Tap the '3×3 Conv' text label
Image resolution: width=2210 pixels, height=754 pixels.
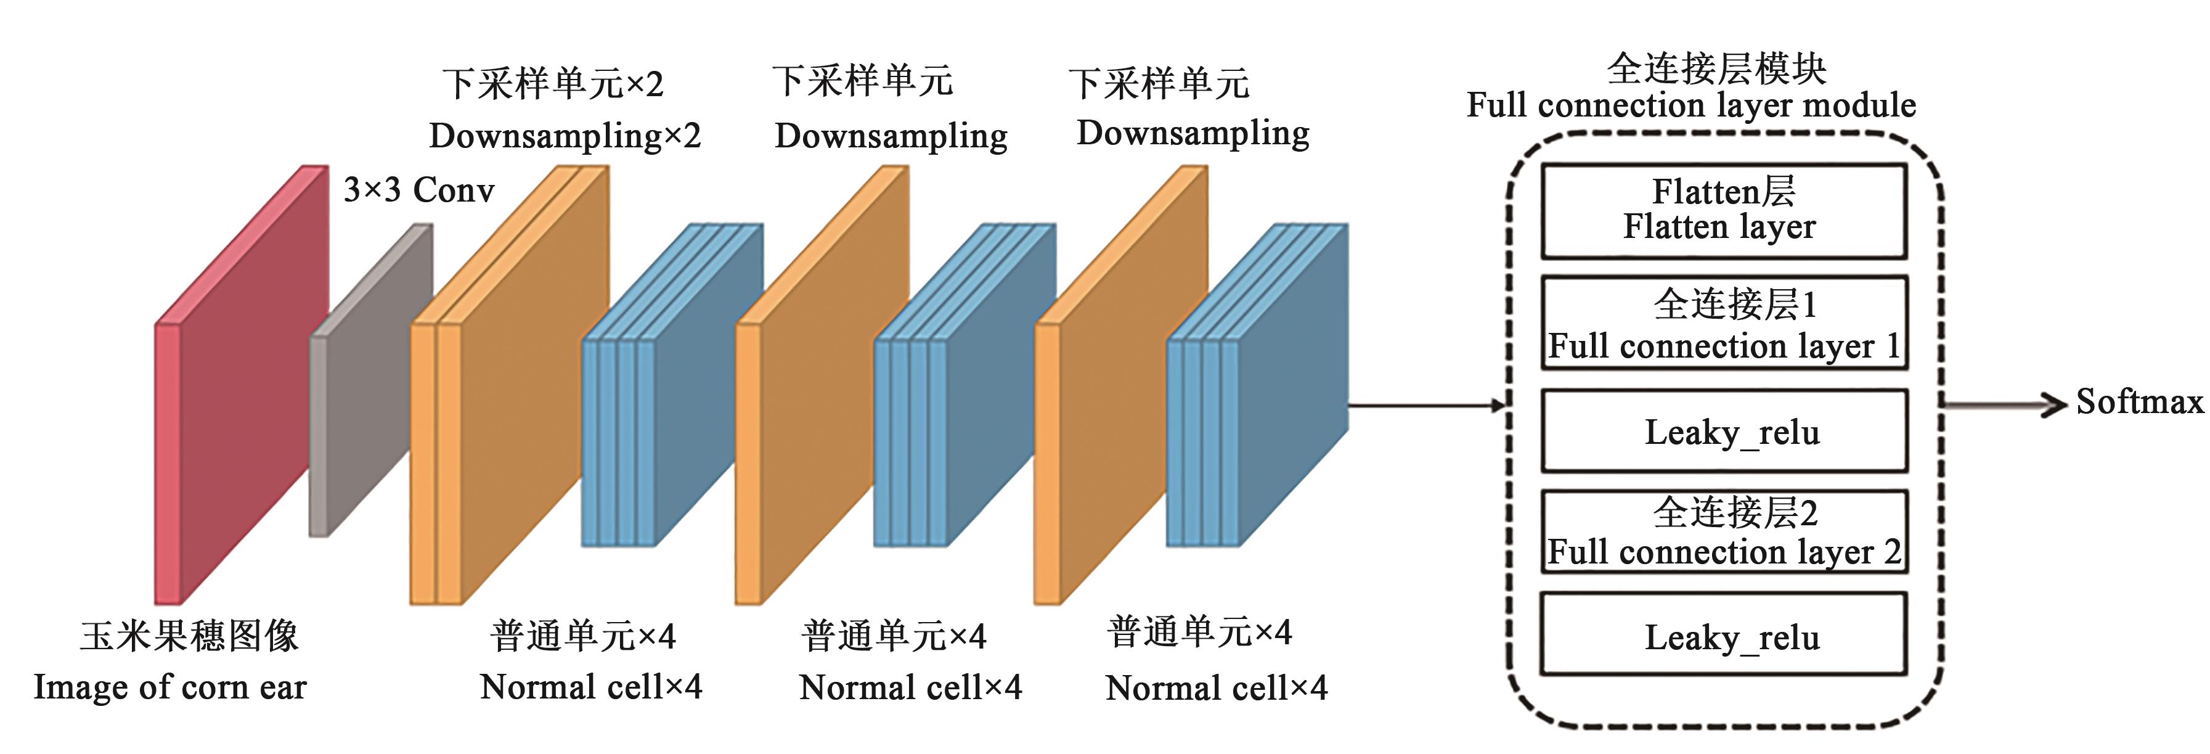click(x=418, y=189)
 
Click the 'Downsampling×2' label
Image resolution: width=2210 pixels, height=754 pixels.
click(x=565, y=136)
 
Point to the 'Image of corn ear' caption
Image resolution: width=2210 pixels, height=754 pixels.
click(x=170, y=687)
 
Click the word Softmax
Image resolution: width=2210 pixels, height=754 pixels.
click(x=2139, y=401)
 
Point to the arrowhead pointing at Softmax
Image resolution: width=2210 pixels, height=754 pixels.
click(x=2055, y=403)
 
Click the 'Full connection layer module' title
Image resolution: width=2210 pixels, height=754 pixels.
click(x=1690, y=105)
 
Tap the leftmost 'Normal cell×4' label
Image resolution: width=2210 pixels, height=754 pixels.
click(x=591, y=687)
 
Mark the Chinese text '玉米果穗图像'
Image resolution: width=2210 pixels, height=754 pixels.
click(x=189, y=636)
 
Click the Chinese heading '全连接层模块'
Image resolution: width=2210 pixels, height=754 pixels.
click(x=1716, y=68)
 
